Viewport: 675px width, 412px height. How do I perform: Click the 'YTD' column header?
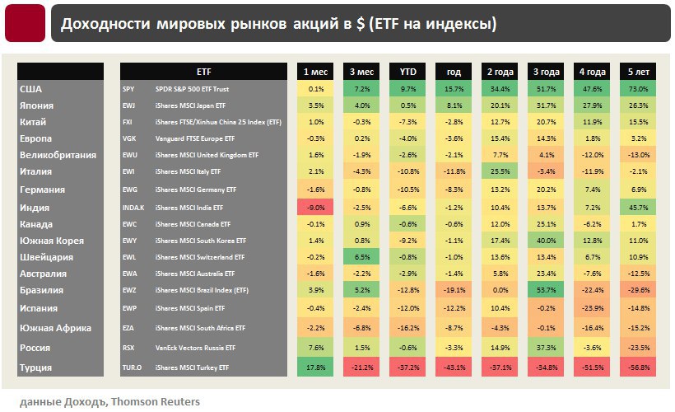[x=407, y=72]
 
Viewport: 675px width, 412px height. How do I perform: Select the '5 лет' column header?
[x=639, y=72]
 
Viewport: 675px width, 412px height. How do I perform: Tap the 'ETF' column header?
[x=204, y=72]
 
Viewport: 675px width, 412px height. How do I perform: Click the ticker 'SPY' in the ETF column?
[x=128, y=89]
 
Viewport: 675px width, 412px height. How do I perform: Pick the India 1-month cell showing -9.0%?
[x=316, y=207]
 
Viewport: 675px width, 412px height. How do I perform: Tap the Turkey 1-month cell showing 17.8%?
[x=316, y=368]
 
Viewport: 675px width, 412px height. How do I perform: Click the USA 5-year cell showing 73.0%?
[x=639, y=89]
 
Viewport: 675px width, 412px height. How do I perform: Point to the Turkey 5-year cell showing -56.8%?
[x=639, y=368]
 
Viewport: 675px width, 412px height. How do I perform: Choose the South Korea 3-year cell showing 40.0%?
[x=547, y=241]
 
